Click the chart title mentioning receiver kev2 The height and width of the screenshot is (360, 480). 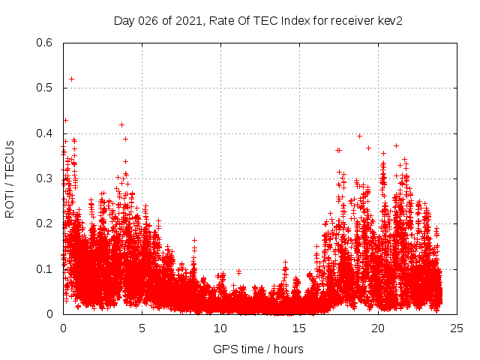click(258, 21)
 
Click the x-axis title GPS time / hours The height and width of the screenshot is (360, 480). click(258, 349)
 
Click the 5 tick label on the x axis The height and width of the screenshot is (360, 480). click(142, 328)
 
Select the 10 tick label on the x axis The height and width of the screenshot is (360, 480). click(220, 328)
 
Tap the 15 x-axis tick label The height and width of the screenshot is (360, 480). click(299, 328)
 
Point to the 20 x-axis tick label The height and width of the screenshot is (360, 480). click(378, 328)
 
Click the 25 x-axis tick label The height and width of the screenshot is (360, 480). click(457, 328)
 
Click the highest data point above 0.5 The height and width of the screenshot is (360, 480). click(71, 79)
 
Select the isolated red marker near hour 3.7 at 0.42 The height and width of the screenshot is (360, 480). click(121, 124)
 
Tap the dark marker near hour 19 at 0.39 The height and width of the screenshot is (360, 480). click(359, 136)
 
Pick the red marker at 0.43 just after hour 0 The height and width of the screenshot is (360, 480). click(65, 120)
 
